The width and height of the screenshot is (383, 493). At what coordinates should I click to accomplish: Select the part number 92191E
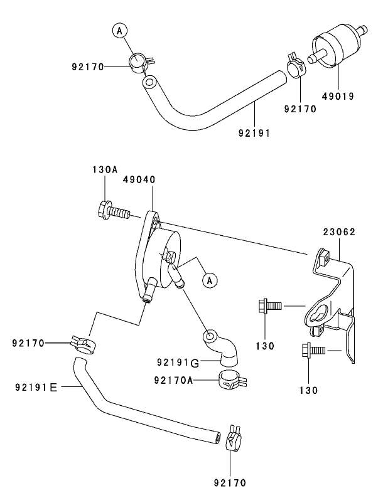tap(35, 388)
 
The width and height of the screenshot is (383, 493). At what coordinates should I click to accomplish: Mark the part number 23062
tap(340, 231)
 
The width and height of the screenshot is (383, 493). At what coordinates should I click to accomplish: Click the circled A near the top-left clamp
tap(120, 29)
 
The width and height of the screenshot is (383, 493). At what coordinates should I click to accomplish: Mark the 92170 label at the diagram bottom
tap(229, 482)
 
